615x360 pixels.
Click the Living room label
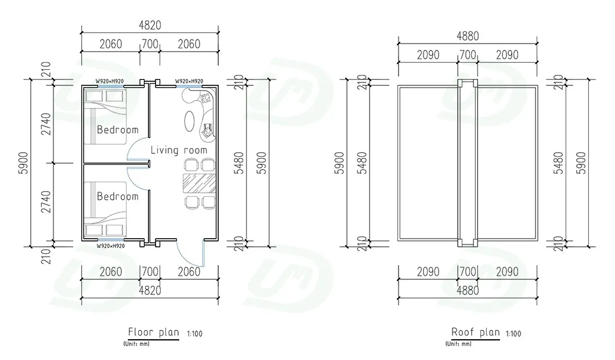179,150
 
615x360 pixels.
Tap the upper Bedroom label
118,129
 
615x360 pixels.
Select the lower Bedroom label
118,196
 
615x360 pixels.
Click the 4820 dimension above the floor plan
150,26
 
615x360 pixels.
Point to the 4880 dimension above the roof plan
468,36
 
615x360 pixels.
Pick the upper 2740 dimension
46,124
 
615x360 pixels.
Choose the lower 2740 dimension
46,202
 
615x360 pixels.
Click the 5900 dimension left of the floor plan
24,163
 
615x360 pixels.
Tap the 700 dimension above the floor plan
150,44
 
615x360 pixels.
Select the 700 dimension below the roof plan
468,271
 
